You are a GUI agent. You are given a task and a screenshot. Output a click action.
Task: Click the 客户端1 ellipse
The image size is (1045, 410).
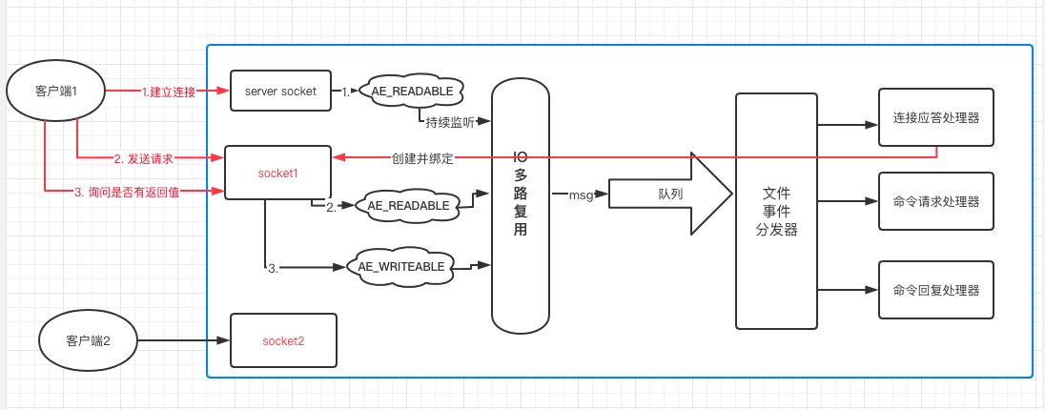point(55,91)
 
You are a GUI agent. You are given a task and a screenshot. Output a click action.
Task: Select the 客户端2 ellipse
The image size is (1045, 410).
point(88,340)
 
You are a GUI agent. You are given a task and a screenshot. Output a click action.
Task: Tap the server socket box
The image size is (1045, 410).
point(280,91)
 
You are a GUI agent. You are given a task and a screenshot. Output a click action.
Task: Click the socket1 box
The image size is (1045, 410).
point(277,173)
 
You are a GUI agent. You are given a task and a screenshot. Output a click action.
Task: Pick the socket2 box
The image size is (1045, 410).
point(283,340)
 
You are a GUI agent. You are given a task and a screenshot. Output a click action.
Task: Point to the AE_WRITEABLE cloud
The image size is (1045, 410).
point(401,267)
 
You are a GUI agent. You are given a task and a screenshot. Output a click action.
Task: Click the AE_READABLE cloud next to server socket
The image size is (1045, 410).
point(412,92)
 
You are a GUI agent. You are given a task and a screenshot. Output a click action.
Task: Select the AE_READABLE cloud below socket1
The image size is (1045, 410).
point(408,205)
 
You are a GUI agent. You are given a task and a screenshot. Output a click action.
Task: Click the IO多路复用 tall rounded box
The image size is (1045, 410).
point(521,205)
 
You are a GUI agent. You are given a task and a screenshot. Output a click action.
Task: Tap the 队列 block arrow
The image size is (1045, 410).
point(670,194)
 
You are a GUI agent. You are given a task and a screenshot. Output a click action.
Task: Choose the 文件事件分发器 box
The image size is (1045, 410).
point(776,212)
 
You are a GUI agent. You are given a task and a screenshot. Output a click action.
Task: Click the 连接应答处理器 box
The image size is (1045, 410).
point(935,117)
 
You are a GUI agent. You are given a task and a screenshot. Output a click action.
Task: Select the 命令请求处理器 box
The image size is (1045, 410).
point(935,201)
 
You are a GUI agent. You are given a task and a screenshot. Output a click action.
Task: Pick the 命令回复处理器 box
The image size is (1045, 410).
point(935,290)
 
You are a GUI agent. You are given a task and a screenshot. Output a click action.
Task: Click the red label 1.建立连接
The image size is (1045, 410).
point(169,92)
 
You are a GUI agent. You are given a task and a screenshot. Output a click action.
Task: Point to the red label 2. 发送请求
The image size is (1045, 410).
point(144,157)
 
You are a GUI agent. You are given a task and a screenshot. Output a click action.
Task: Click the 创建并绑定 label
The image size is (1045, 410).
point(422,158)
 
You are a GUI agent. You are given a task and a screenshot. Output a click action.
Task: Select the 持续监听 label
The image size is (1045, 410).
point(450,122)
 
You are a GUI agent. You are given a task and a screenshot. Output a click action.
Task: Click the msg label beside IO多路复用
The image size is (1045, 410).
point(581,195)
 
